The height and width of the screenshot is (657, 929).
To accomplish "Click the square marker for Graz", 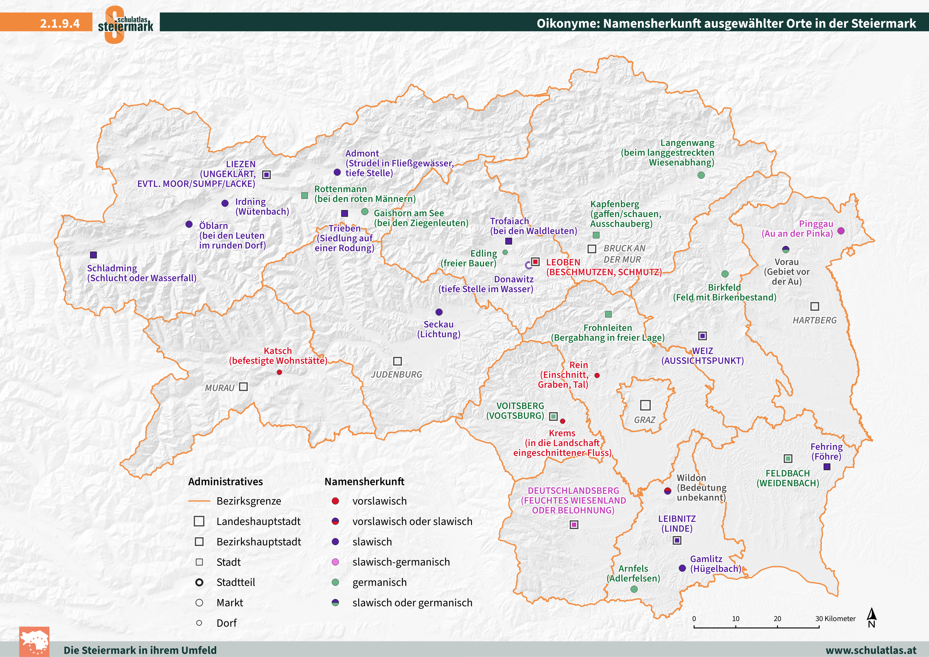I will coord(645,405).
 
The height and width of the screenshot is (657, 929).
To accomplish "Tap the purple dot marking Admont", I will coord(337,172).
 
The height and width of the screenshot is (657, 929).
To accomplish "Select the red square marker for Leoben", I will coord(535,262).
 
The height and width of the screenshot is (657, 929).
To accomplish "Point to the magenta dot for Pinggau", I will coord(841,231).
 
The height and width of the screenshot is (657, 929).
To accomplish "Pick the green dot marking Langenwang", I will coord(701,175).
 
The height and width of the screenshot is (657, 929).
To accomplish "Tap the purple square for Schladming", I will coord(94,255).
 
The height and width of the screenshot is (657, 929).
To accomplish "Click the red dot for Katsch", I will coord(279,372).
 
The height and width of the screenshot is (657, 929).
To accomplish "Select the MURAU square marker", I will coord(243,387).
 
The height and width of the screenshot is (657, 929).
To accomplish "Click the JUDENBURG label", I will coord(397,375).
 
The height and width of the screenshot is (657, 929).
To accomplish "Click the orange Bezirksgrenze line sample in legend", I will coord(199,501).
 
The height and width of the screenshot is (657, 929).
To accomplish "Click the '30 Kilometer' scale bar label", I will coord(835,619).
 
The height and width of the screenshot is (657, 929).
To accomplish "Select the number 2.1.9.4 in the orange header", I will coord(60,23).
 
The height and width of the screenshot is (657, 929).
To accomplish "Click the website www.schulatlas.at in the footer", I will coord(871,650).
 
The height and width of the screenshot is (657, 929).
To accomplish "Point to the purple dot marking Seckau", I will coord(439,312).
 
